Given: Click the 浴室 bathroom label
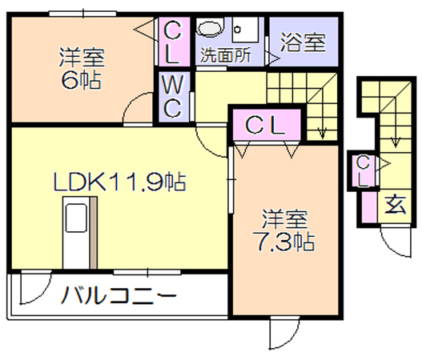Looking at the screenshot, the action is click(303, 42).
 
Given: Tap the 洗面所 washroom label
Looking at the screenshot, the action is click(226, 55).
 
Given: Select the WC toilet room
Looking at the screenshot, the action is click(174, 97).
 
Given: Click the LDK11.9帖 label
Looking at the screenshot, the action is click(120, 182).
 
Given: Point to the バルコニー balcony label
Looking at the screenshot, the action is click(119, 295).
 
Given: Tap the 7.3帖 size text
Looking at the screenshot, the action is click(283, 241).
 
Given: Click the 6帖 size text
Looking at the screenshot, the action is click(82, 80).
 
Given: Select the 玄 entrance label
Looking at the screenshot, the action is click(395, 206).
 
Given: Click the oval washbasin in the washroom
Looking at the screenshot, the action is click(210, 27).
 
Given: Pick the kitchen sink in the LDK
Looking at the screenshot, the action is click(76, 217).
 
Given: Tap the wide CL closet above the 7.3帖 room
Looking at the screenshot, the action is click(267, 125).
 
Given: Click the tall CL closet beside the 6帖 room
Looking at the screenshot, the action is click(174, 42).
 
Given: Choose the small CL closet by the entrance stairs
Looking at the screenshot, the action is click(363, 171).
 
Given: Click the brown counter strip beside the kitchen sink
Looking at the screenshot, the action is click(94, 233).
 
